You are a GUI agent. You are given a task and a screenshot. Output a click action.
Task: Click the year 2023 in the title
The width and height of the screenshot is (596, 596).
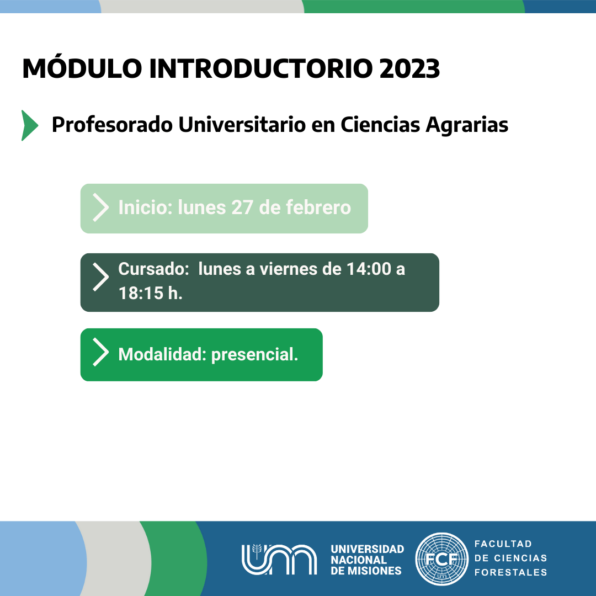tap(409, 69)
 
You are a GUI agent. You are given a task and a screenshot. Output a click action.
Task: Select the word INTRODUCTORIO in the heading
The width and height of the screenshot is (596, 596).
tap(260, 69)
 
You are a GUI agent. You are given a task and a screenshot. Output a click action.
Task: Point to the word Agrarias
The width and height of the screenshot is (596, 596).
tap(467, 125)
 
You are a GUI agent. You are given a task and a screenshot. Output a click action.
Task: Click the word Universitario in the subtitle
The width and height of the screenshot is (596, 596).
tap(242, 125)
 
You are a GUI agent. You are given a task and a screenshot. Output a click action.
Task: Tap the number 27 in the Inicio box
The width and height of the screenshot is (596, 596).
tap(242, 207)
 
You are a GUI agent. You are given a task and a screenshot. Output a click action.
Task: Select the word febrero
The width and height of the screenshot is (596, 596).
tap(318, 207)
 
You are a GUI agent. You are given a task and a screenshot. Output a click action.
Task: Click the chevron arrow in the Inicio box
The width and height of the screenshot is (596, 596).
tap(101, 207)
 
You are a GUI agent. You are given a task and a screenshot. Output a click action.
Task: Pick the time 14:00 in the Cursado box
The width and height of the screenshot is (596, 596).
tap(369, 269)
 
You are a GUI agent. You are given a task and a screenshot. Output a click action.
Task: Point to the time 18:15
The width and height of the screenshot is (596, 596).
tap(141, 293)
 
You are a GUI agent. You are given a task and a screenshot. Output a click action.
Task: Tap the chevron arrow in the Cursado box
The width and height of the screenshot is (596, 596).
tap(101, 277)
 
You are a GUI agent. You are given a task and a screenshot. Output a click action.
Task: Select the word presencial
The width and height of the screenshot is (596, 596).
tap(254, 355)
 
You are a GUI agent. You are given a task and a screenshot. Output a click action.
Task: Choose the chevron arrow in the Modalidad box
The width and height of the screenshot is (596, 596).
tap(101, 352)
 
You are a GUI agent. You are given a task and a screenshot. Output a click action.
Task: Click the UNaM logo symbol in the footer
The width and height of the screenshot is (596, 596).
tap(279, 559)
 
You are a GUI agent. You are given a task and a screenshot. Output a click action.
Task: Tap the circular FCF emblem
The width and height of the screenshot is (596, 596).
tap(441, 559)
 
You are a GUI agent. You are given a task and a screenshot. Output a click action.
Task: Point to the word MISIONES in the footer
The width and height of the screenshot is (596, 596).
tap(374, 571)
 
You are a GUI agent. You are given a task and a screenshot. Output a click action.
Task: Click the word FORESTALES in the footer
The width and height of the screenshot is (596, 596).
tap(511, 572)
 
